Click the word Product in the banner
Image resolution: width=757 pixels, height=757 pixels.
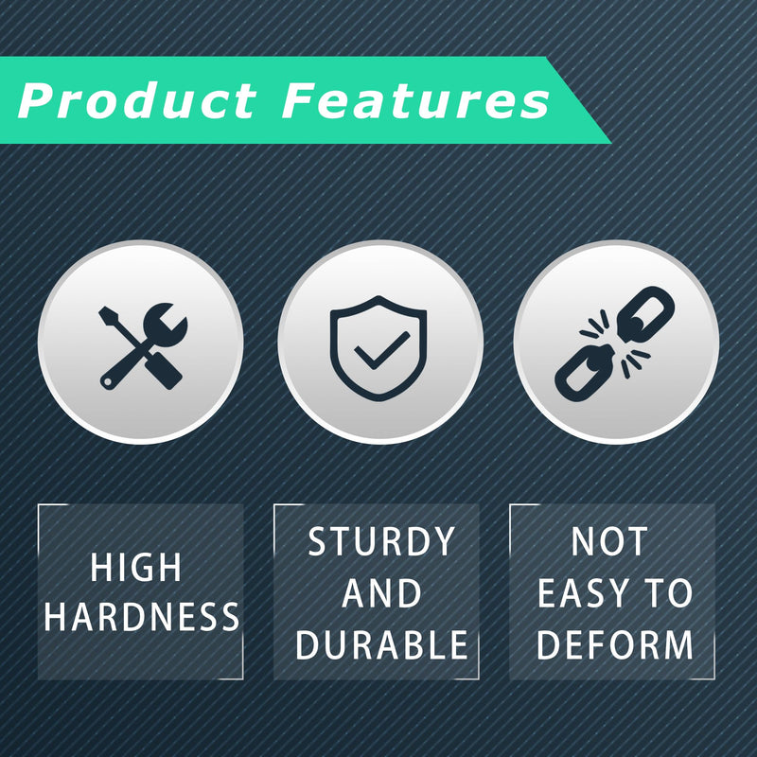[137, 100]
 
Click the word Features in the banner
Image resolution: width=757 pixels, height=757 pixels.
[415, 100]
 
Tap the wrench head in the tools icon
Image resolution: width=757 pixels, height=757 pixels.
[165, 324]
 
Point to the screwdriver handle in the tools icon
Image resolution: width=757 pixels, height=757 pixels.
[163, 371]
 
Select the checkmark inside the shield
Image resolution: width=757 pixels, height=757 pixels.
[381, 350]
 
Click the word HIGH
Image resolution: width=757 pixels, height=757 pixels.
[135, 567]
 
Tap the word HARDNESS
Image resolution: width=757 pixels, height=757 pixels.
[141, 617]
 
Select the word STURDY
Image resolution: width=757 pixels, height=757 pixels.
[381, 541]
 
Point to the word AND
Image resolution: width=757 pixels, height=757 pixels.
[381, 593]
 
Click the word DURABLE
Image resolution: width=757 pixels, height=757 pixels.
[381, 644]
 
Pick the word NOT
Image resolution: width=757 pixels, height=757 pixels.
[609, 541]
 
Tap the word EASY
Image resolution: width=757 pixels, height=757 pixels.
[582, 593]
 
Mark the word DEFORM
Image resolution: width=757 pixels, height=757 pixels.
[614, 644]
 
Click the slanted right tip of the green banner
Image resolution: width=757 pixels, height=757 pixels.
[610, 143]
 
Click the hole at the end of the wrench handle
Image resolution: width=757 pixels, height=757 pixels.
[106, 382]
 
